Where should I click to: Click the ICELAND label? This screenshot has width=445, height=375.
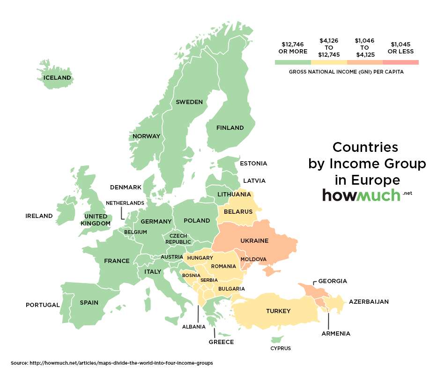coord(57,78)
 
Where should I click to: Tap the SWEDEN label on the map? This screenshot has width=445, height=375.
coord(189,102)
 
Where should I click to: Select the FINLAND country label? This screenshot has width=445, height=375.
coord(230,127)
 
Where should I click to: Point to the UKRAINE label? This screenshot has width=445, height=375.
coord(254,241)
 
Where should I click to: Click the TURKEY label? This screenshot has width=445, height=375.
coord(278,311)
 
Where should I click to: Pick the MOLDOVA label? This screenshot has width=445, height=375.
coord(253,259)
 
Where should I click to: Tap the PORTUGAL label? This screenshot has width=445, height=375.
coord(43,305)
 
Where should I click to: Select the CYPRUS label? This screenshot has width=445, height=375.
coord(281,348)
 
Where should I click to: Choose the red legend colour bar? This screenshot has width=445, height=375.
coord(400,62)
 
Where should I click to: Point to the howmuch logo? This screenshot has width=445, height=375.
coord(361,195)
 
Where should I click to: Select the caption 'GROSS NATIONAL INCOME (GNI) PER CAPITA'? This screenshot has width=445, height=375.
coord(346,72)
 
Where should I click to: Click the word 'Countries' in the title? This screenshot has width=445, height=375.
coord(365,147)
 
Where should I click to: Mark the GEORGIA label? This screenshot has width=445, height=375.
coord(333,281)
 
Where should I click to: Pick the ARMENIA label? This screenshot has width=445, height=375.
coord(335,334)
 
